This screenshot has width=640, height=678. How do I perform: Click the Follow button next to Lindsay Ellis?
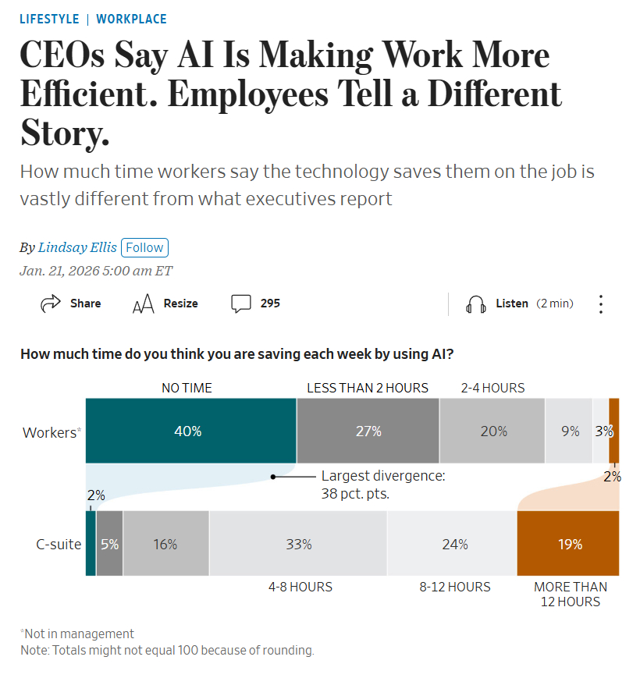coord(144,247)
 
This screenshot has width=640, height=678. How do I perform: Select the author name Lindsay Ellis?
coord(77,247)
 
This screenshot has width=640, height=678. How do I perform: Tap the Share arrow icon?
coord(51,304)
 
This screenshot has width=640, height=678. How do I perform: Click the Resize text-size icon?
coord(144,304)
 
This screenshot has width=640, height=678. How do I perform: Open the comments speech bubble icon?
coord(241,304)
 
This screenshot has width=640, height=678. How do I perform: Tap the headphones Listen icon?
coord(475,304)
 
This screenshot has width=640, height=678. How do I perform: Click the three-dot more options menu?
coord(600,304)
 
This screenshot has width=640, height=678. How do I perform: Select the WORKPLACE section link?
coord(131,19)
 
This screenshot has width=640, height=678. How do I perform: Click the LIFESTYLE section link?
coord(49,19)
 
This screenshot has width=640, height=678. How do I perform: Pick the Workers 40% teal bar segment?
coord(190,431)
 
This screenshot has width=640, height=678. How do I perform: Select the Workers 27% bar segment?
coord(368,431)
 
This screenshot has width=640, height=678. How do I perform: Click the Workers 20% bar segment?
coord(492,431)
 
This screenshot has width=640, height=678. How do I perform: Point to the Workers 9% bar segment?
coord(568,431)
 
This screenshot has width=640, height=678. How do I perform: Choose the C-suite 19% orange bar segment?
coord(568,544)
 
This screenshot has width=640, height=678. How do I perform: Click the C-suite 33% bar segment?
coord(298,544)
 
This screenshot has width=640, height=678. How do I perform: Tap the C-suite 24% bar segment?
coord(452,544)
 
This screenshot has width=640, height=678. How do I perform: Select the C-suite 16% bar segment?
coord(165,544)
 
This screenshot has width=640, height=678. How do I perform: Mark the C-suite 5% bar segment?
coord(109,544)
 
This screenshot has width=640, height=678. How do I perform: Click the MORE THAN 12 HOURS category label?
coord(571,594)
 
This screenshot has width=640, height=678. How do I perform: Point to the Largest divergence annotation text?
coord(382,485)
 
